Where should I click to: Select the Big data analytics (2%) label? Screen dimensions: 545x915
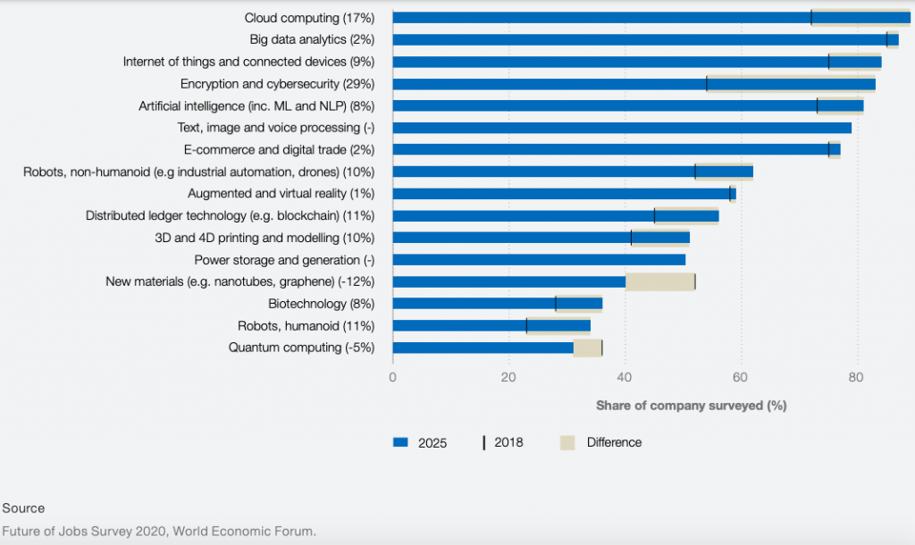[x=312, y=39]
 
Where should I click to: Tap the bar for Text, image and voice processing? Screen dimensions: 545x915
[x=621, y=128]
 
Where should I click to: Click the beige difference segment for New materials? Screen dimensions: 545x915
[x=660, y=281]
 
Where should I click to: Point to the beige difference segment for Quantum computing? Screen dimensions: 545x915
[x=588, y=348]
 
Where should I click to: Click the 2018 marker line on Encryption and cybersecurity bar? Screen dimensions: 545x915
[x=707, y=84]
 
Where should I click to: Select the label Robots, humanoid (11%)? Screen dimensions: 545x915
[x=306, y=325]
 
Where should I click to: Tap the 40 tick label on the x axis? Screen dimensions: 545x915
[x=625, y=377]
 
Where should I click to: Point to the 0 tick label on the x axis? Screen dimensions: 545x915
[x=393, y=377]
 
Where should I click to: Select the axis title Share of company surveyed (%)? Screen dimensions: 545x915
[x=691, y=406]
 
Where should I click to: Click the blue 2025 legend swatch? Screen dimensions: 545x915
[x=400, y=442]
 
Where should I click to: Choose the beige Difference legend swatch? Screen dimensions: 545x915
[x=567, y=442]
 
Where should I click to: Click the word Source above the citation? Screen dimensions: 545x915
[x=23, y=507]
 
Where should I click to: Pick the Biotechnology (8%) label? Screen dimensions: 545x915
[x=321, y=304]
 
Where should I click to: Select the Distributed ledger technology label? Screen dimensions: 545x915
[x=230, y=215]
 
